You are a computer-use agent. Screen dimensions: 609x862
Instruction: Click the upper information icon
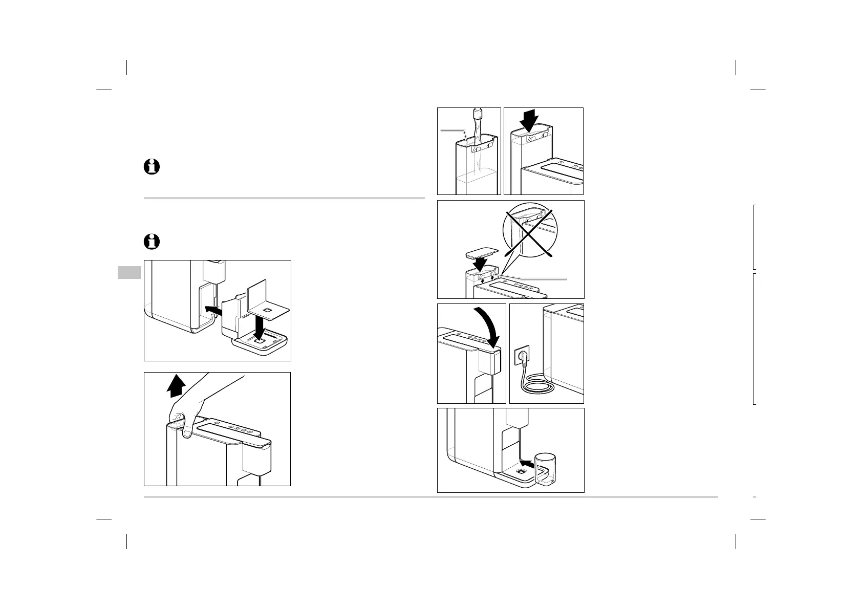[x=152, y=167]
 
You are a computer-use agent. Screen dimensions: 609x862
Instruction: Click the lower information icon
[x=152, y=242]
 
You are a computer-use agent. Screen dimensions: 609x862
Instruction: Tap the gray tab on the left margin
[x=129, y=272]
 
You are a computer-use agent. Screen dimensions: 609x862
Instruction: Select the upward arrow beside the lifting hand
[x=176, y=386]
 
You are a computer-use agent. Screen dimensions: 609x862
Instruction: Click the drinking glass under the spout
[x=545, y=468]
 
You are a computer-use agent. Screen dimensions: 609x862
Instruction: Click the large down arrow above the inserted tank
[x=528, y=121]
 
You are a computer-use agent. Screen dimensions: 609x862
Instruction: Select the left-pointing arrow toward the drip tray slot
[x=212, y=309]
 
